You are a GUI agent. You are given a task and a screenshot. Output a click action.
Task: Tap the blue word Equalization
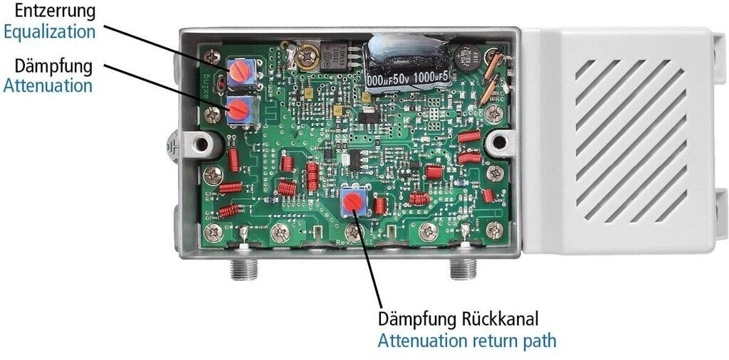click(49, 31)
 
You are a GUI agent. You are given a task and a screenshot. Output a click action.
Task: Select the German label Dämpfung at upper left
click(53, 66)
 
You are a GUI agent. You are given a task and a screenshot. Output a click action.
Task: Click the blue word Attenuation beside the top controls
click(48, 85)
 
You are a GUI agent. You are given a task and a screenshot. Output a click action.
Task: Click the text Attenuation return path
click(466, 340)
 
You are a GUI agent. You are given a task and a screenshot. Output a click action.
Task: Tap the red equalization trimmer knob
click(241, 70)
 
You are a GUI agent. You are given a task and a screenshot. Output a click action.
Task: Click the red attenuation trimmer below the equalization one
click(238, 110)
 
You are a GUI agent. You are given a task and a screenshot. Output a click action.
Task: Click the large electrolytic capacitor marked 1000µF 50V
click(407, 62)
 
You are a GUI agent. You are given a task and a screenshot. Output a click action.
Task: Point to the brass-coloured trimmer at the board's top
click(308, 55)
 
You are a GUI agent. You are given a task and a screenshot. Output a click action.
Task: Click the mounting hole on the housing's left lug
click(201, 145)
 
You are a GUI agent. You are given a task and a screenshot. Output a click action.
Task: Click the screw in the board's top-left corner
click(211, 55)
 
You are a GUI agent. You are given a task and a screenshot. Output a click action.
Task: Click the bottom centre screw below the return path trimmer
click(352, 231)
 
